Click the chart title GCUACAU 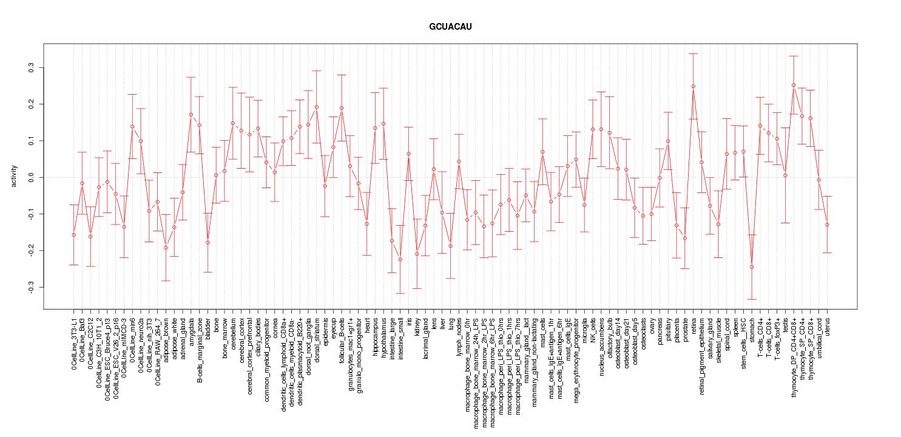[x=450, y=27]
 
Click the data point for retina [x=693, y=86]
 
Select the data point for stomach [x=752, y=267]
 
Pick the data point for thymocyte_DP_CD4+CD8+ [x=794, y=85]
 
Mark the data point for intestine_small [x=400, y=259]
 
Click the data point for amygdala [x=191, y=114]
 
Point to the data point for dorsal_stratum [x=316, y=107]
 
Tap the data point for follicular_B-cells [x=342, y=108]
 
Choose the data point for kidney [x=417, y=254]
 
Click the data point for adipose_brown [x=166, y=248]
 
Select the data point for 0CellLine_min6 [x=132, y=126]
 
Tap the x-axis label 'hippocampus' [x=376, y=339]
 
